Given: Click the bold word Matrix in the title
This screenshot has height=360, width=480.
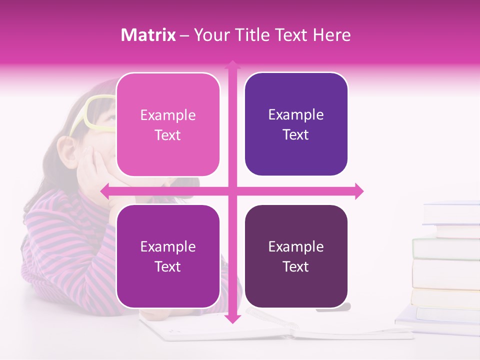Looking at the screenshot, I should tap(148, 35).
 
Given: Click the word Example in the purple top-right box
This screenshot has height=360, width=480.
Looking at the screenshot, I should tap(296, 115).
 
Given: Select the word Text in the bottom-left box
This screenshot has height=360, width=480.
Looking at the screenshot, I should tap(167, 266).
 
